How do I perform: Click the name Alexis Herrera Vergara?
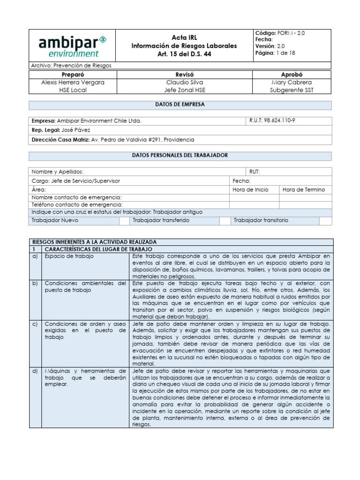tap(73, 82)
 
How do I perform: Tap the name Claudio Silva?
tap(184, 82)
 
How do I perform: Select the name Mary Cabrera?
tap(292, 82)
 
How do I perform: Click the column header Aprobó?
tap(292, 75)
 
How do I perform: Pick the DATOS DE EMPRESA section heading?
tap(180, 105)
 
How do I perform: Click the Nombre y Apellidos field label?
tap(58, 172)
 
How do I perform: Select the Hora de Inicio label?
tap(251, 190)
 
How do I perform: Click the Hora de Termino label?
tap(304, 190)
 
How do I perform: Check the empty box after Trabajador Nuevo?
tap(124, 220)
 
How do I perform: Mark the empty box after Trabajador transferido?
tap(225, 220)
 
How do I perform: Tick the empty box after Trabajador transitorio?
tap(326, 220)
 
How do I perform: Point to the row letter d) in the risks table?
tap(35, 371)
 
